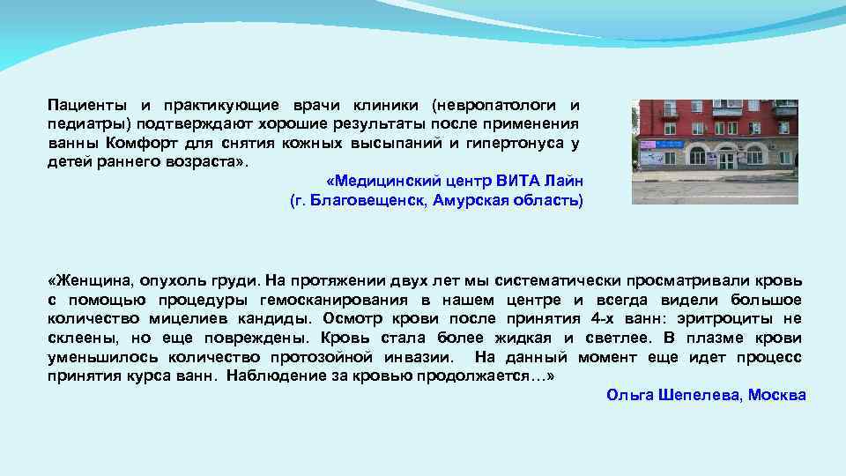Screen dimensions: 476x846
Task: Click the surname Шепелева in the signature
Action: tap(697, 395)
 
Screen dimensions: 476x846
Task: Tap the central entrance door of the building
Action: tap(727, 160)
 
